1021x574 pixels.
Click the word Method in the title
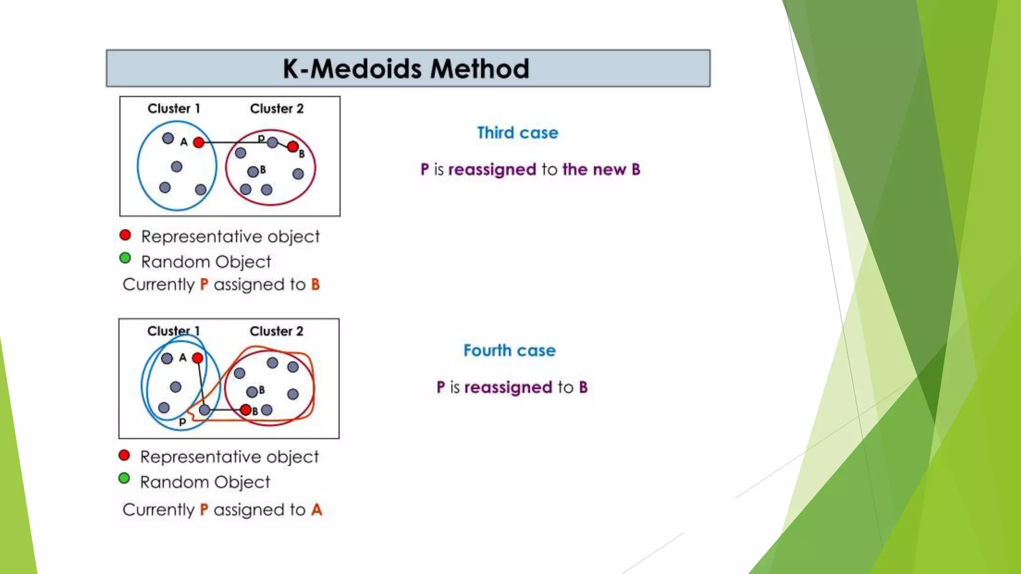tap(480, 69)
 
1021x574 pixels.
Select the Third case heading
tap(517, 133)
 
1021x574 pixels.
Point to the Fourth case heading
tap(510, 350)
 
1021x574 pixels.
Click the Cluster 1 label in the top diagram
tap(173, 109)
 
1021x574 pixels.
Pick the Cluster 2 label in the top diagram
tap(277, 109)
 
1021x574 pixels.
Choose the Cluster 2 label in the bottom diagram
tap(276, 331)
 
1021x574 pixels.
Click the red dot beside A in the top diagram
tap(198, 143)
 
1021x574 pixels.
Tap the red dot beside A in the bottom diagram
tap(197, 358)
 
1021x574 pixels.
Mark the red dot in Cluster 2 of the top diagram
tap(293, 146)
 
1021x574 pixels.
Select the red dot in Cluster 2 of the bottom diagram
tap(245, 410)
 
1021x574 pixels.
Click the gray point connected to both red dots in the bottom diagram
tap(204, 410)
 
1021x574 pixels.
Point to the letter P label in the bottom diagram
tap(182, 422)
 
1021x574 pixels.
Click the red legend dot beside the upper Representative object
tap(125, 235)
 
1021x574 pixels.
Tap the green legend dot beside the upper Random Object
tap(125, 258)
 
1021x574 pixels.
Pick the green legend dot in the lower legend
tap(124, 479)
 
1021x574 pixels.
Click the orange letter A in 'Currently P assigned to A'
tap(317, 510)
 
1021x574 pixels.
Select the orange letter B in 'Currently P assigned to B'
tap(315, 285)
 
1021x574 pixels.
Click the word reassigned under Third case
tap(492, 170)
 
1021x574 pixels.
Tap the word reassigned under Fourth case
tap(508, 388)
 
